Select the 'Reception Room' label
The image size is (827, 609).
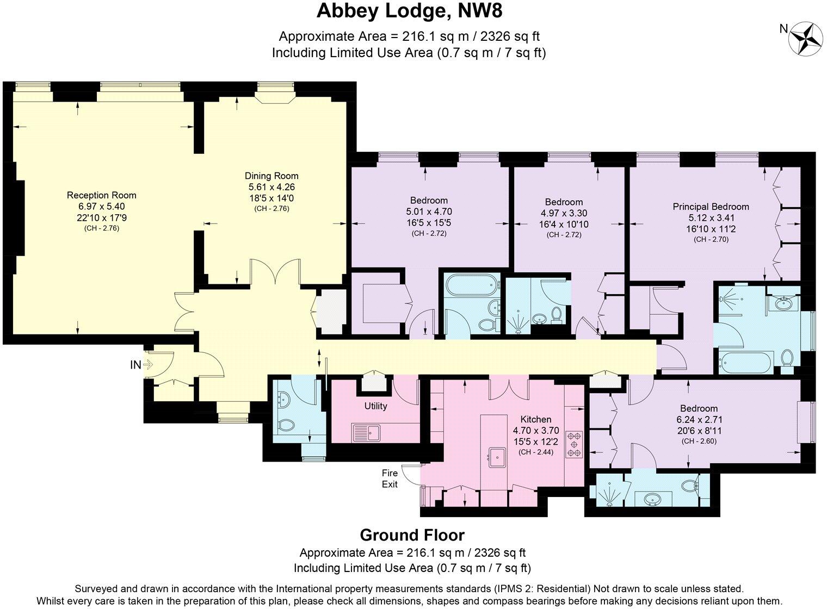101,195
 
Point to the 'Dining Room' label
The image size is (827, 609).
271,176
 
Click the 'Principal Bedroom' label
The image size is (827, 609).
711,207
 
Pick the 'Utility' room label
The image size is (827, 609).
375,406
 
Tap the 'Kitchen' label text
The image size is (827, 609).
535,419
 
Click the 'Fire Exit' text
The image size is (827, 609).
390,478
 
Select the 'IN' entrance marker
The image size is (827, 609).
135,365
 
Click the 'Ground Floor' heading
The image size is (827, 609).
412,535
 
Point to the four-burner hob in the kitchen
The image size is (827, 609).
574,443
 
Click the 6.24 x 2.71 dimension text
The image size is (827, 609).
699,420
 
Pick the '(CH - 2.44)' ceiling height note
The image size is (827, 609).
535,451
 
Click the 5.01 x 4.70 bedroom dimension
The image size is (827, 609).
429,212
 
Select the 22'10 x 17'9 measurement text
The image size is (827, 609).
101,217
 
